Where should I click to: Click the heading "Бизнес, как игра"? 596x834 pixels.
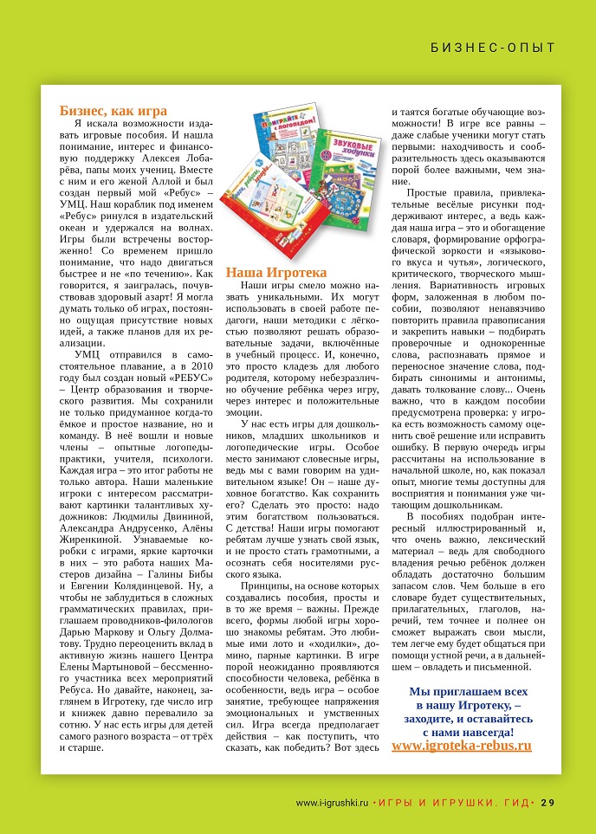tap(113, 110)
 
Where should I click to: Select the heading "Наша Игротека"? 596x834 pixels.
tap(276, 271)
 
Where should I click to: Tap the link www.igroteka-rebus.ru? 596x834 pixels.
tap(462, 745)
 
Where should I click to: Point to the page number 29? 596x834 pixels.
tap(547, 802)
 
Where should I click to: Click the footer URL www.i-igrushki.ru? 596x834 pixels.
tap(333, 802)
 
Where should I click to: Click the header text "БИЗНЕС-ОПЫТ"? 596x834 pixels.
tap(493, 47)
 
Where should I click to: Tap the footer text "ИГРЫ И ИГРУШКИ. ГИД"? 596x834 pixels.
tap(454, 802)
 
